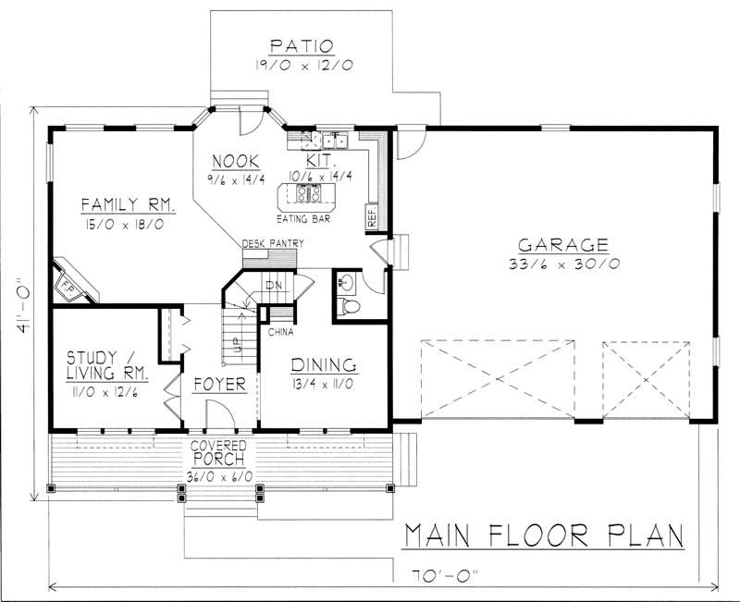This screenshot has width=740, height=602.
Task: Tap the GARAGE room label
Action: pyautogui.click(x=562, y=245)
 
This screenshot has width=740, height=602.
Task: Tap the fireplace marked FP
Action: pyautogui.click(x=69, y=285)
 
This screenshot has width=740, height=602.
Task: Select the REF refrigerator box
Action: pyautogui.click(x=371, y=219)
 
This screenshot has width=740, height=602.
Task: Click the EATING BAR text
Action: pyautogui.click(x=304, y=219)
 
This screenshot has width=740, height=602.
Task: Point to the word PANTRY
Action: pyautogui.click(x=287, y=244)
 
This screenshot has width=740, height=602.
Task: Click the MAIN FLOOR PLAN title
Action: pyautogui.click(x=543, y=535)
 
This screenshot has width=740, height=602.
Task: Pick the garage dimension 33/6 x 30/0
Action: pyautogui.click(x=562, y=264)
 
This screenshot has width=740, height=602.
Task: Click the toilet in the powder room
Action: pyautogui.click(x=349, y=306)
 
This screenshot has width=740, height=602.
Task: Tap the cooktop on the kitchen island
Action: pyautogui.click(x=307, y=193)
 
